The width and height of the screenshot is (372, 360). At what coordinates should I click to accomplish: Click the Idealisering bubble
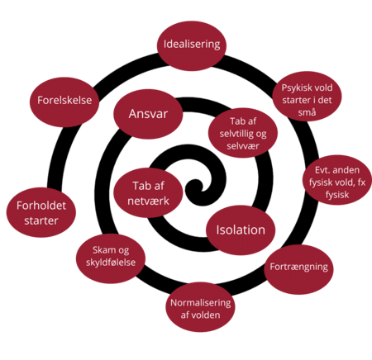(192, 45)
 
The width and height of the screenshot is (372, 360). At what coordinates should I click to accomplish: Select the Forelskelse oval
(64, 102)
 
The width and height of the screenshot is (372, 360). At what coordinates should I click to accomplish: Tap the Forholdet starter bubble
(41, 212)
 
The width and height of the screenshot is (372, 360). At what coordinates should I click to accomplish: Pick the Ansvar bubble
(148, 114)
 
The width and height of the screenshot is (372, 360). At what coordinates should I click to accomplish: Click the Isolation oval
(241, 230)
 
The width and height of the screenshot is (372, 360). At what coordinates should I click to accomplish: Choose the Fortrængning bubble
(298, 269)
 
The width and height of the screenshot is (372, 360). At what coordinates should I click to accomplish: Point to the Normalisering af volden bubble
(200, 307)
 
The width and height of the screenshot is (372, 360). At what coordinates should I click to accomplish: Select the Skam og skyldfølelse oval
(111, 258)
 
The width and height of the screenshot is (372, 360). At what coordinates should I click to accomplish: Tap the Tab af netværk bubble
(148, 193)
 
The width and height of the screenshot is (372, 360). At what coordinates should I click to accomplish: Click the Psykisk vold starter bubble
(307, 97)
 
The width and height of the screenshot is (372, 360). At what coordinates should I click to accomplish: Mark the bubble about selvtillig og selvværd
(243, 133)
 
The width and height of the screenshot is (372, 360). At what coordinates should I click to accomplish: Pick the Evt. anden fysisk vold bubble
(337, 180)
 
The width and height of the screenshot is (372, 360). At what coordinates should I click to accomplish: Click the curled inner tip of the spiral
(196, 187)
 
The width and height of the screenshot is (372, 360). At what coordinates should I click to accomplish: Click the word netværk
(148, 201)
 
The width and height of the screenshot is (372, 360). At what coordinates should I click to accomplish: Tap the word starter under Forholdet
(41, 220)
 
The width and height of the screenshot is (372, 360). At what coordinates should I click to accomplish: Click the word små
(307, 112)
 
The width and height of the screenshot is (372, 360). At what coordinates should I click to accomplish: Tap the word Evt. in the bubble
(322, 170)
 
